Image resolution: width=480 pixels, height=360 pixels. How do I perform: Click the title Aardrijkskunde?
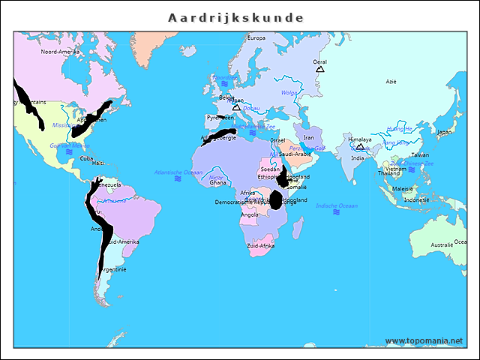tap(235, 16)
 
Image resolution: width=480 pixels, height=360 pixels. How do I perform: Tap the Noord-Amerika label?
tap(60, 52)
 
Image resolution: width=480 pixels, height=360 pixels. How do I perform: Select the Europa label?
tap(256, 38)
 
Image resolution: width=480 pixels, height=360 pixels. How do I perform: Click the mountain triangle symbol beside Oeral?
tap(320, 69)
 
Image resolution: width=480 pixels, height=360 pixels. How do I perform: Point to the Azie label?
tap(391, 81)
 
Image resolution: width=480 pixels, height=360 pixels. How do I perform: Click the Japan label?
tap(445, 132)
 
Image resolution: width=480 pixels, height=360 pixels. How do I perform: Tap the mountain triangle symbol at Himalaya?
tap(360, 147)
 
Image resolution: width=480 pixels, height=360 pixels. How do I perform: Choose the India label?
tap(358, 158)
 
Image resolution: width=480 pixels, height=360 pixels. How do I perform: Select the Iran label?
tap(308, 137)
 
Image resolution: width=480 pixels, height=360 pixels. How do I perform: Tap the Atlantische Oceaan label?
tap(178, 172)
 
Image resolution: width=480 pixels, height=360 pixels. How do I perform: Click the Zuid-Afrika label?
tap(260, 245)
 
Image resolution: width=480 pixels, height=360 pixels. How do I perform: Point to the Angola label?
tap(250, 214)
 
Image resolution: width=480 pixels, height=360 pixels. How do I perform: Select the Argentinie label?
tap(113, 269)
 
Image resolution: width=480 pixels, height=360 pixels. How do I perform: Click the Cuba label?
tap(86, 158)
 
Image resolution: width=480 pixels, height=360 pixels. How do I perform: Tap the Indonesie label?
tap(416, 200)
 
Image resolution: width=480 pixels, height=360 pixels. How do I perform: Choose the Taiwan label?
tap(421, 154)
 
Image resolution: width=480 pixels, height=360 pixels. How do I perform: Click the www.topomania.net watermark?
tap(424, 341)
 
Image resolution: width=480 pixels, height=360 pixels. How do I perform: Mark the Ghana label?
tap(217, 182)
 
